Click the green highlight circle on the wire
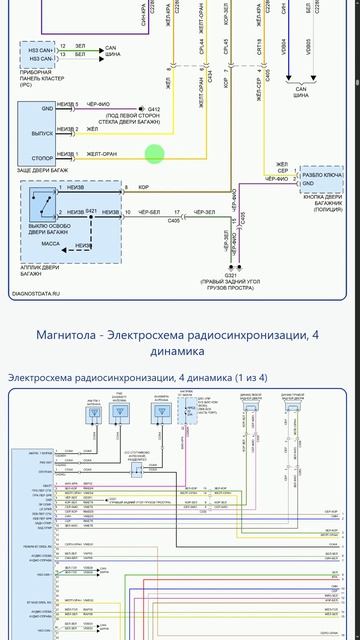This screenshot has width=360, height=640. [x=154, y=154]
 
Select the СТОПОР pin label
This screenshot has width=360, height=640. [x=42, y=157]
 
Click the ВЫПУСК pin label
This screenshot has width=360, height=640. [x=42, y=132]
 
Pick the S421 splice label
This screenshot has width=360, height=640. [x=91, y=210]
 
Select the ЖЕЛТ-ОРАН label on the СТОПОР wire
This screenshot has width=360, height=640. [x=102, y=154]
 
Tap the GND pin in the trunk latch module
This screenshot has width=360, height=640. [x=47, y=108]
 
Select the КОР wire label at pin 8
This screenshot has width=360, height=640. [x=144, y=187]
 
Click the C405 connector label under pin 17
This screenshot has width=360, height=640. [x=174, y=221]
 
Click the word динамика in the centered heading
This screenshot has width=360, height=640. [x=179, y=352]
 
